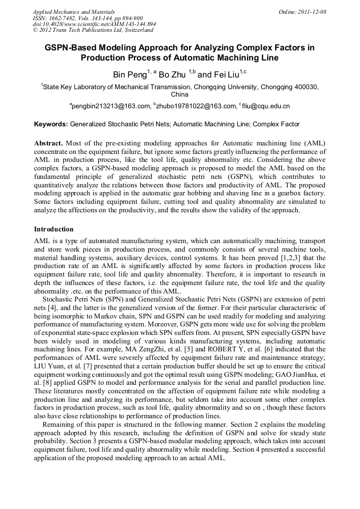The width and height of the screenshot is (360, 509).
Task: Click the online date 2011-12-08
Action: click(313, 12)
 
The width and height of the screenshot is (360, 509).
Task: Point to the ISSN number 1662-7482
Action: click(65, 18)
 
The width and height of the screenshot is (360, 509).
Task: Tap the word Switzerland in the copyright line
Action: click(138, 30)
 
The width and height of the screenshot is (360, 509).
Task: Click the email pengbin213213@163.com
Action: click(112, 106)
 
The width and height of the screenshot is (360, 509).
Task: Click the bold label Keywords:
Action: click(51, 125)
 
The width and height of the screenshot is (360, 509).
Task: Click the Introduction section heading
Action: click(54, 229)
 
